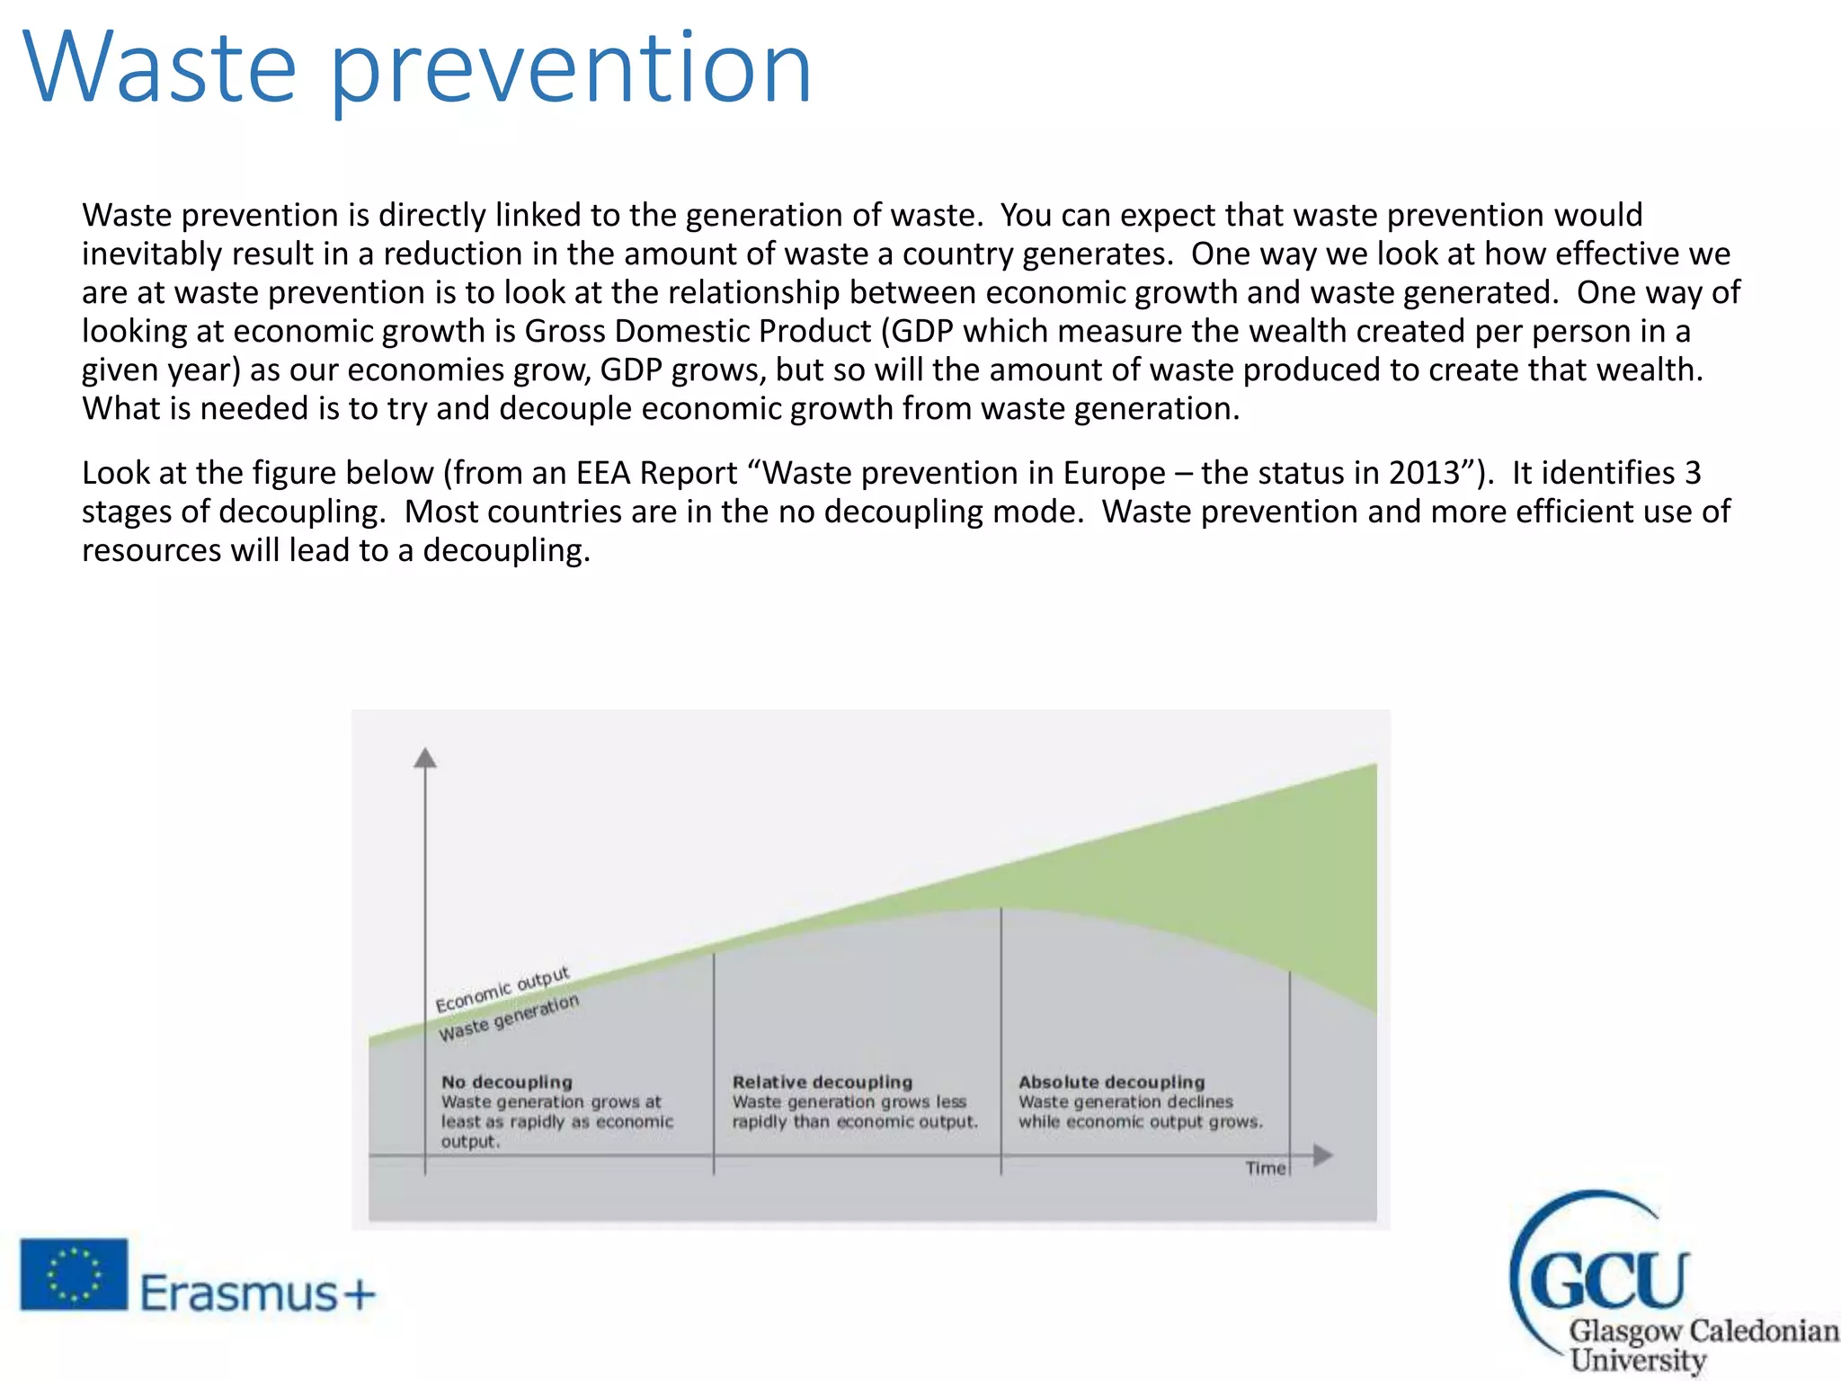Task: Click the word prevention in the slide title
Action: [572, 72]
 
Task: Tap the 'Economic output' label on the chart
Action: [502, 989]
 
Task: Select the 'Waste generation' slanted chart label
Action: [509, 1019]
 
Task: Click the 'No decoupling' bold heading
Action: [506, 1083]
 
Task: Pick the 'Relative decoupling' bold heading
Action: [822, 1083]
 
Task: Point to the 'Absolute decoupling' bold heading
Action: [1111, 1083]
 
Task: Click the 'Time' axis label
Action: [1265, 1168]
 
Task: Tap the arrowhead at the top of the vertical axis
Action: [425, 758]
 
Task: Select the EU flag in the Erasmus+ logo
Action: [74, 1274]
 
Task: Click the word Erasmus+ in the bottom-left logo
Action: [257, 1295]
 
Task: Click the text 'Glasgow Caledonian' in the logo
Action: [1703, 1330]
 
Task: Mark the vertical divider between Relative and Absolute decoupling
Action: [1001, 1034]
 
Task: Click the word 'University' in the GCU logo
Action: [1637, 1359]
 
